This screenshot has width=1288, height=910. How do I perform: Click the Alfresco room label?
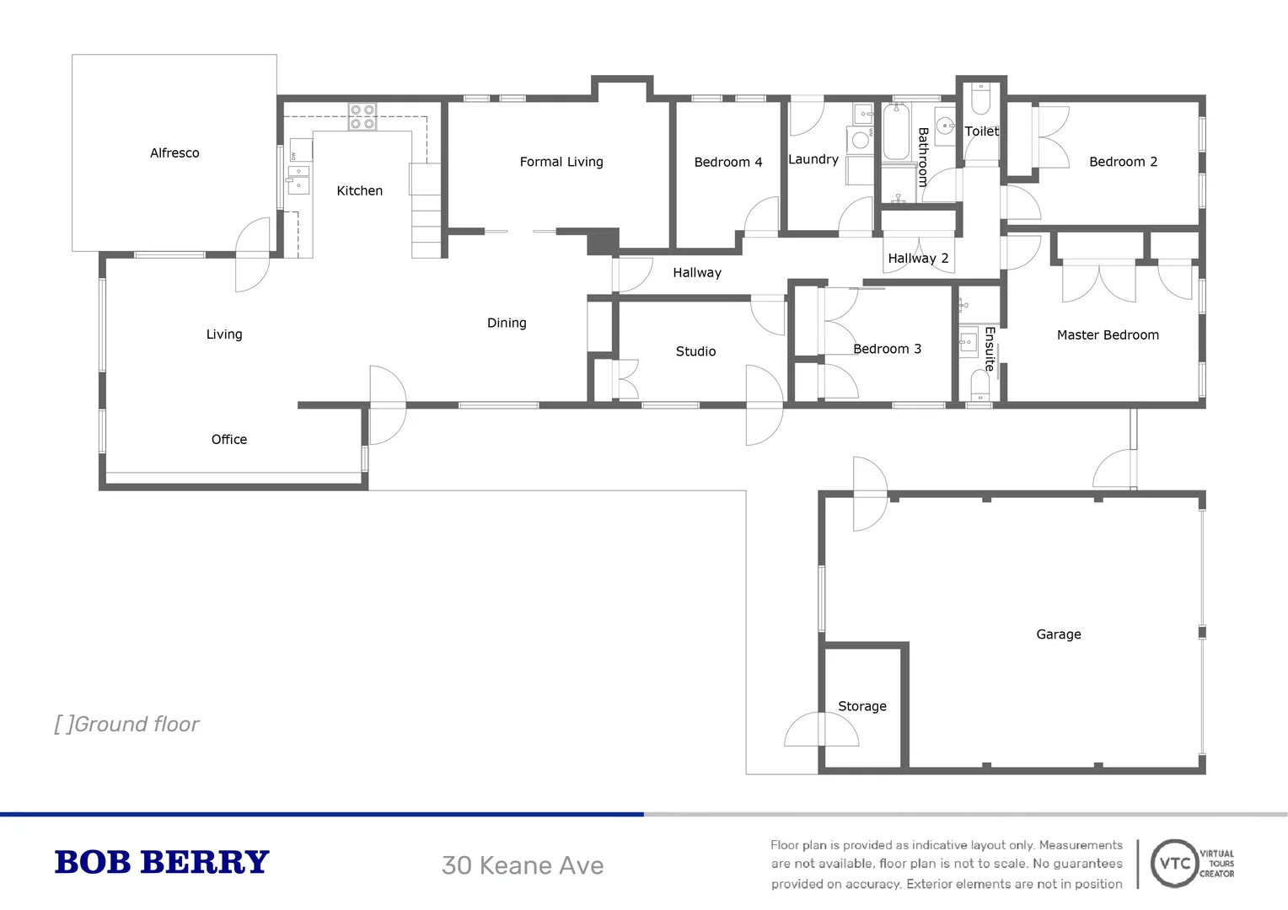174,153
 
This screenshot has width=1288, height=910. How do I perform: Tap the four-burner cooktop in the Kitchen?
362,117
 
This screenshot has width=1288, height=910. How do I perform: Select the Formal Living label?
561,162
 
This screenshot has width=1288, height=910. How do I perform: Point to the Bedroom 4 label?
727,162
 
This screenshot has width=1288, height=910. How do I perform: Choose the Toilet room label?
981,131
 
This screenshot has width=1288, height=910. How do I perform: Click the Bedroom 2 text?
1123,162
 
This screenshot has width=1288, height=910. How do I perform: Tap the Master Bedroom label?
1108,335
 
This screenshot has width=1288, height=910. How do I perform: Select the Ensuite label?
990,349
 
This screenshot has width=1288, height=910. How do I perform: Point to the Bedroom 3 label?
887,349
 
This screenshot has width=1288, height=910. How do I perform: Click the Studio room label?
695,351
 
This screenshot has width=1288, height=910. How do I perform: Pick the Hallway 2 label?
918,258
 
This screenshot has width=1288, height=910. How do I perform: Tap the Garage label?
1058,634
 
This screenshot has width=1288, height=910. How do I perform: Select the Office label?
228,439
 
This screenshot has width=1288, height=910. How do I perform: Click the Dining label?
507,323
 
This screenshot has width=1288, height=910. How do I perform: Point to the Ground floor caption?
127,724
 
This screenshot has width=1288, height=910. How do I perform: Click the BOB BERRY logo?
161,863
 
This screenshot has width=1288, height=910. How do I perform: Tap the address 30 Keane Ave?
523,865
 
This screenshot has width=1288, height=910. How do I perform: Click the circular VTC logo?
1174,863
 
